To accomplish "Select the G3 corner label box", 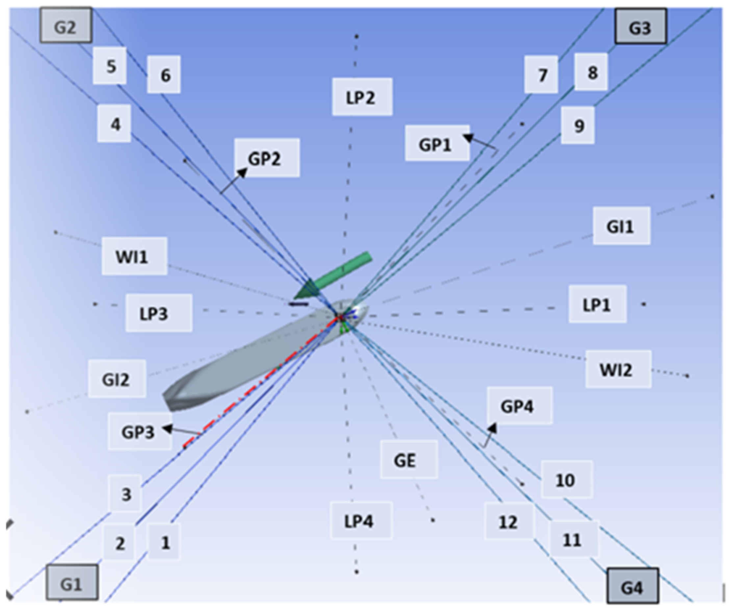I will coord(641,27).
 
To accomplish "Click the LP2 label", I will coord(362,97).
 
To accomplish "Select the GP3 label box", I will coord(139,432).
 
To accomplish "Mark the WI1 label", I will coord(134,256).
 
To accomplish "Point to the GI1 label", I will coord(621,226).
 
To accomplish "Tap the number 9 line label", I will coord(578,125).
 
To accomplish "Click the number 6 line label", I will coord(164,74).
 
